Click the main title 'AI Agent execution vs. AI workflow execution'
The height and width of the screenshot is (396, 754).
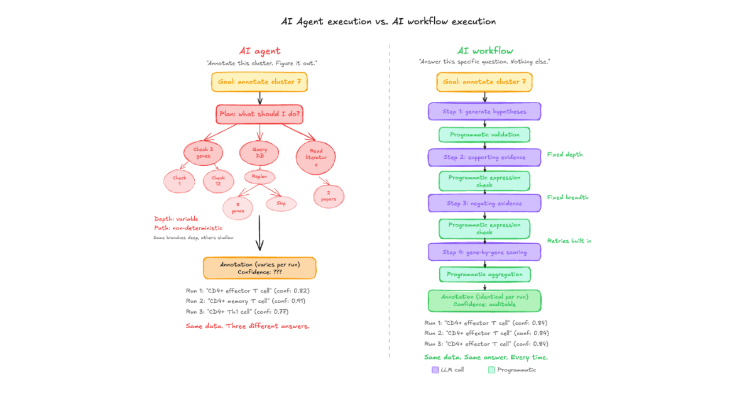[x=388, y=21]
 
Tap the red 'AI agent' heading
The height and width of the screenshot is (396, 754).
[x=260, y=51]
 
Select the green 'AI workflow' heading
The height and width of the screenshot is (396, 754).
[x=484, y=51]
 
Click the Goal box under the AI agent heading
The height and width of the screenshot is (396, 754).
[x=260, y=82]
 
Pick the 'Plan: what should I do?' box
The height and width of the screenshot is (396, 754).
[x=260, y=114]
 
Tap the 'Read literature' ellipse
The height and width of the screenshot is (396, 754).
[x=315, y=157]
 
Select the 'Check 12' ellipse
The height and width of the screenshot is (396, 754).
[x=218, y=181]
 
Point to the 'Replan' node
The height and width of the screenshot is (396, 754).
[x=260, y=177]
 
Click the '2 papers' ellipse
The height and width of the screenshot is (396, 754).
[x=328, y=195]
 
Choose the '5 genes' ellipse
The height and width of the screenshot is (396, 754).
[x=238, y=207]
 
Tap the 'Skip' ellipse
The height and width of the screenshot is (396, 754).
[x=281, y=203]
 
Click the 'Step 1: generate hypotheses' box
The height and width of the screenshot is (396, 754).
[x=484, y=112]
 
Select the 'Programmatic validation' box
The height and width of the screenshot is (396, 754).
[x=484, y=135]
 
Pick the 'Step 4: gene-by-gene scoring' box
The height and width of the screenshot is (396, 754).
[x=484, y=252]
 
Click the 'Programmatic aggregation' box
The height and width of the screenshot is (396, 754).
[x=484, y=274]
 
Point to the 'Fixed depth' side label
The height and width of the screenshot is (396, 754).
[x=565, y=154]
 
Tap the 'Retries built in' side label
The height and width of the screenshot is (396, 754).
[x=569, y=241]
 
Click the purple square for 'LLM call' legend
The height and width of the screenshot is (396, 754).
[x=435, y=370]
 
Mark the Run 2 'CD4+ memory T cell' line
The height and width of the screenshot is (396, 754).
[x=248, y=301]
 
